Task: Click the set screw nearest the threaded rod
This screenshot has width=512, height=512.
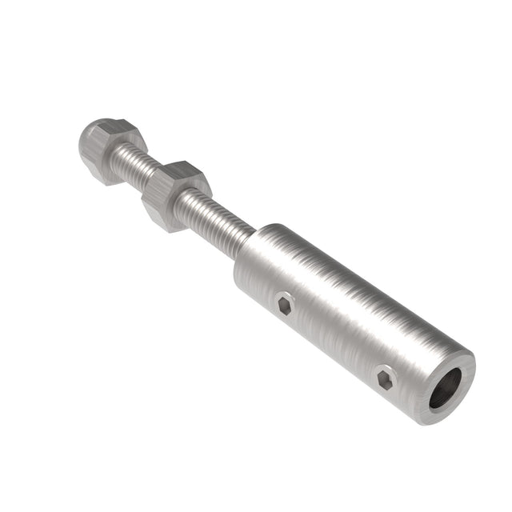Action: coord(284,305)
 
